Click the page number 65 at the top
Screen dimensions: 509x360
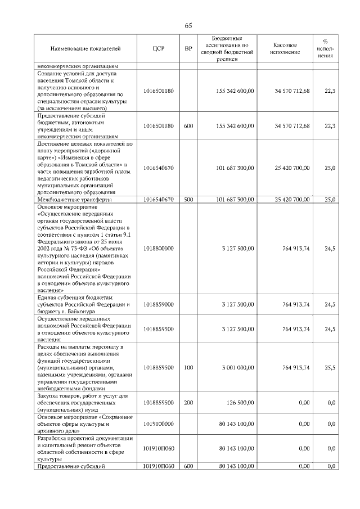pyautogui.click(x=188, y=26)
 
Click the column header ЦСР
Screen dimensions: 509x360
pyautogui.click(x=158, y=49)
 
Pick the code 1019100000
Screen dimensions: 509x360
pyautogui.click(x=158, y=424)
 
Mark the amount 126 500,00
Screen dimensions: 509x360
pyautogui.click(x=240, y=402)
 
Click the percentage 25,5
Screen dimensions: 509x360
pyautogui.click(x=330, y=367)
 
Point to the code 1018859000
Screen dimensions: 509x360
pyautogui.click(x=158, y=304)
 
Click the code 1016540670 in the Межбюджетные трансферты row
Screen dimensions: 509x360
pyautogui.click(x=158, y=200)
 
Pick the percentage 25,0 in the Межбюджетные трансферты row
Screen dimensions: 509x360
pyautogui.click(x=330, y=200)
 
